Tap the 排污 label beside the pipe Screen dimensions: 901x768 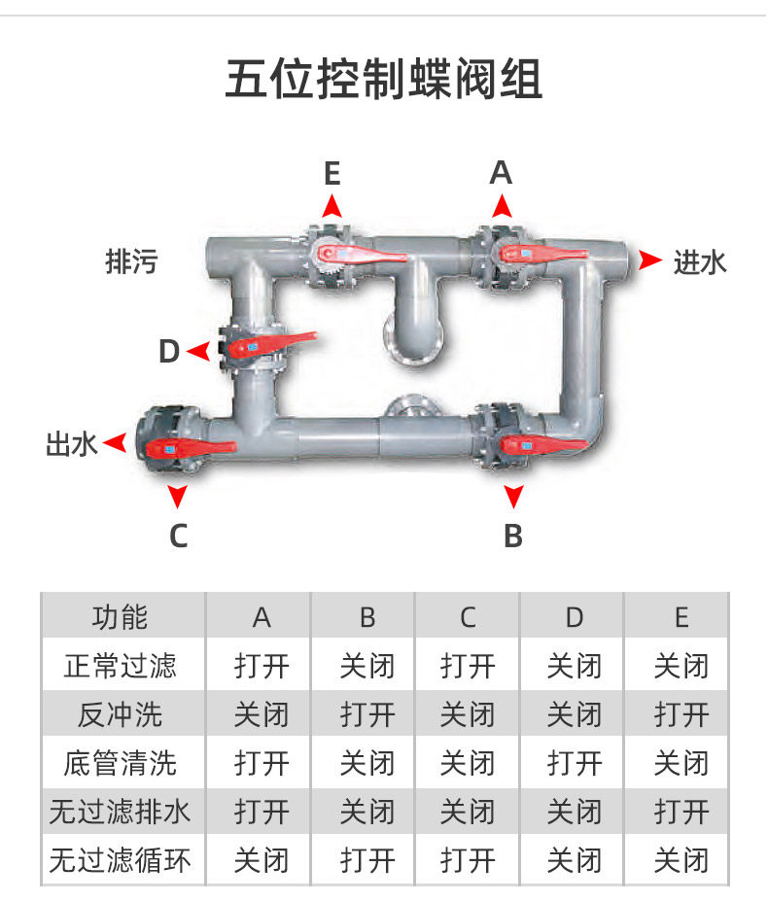point(130,261)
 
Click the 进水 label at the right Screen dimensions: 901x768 point(700,261)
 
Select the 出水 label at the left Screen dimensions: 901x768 point(72,444)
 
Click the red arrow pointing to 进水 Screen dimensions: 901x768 point(648,260)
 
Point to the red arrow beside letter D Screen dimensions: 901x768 point(197,350)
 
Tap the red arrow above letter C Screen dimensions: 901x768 point(177,497)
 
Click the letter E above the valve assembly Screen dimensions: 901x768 point(332,174)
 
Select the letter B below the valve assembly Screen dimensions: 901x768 point(513,535)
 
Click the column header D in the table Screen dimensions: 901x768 point(574,616)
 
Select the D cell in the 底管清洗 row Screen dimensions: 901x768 point(574,763)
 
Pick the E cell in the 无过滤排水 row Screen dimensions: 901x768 point(680,812)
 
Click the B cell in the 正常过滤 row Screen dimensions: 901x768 point(367,666)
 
